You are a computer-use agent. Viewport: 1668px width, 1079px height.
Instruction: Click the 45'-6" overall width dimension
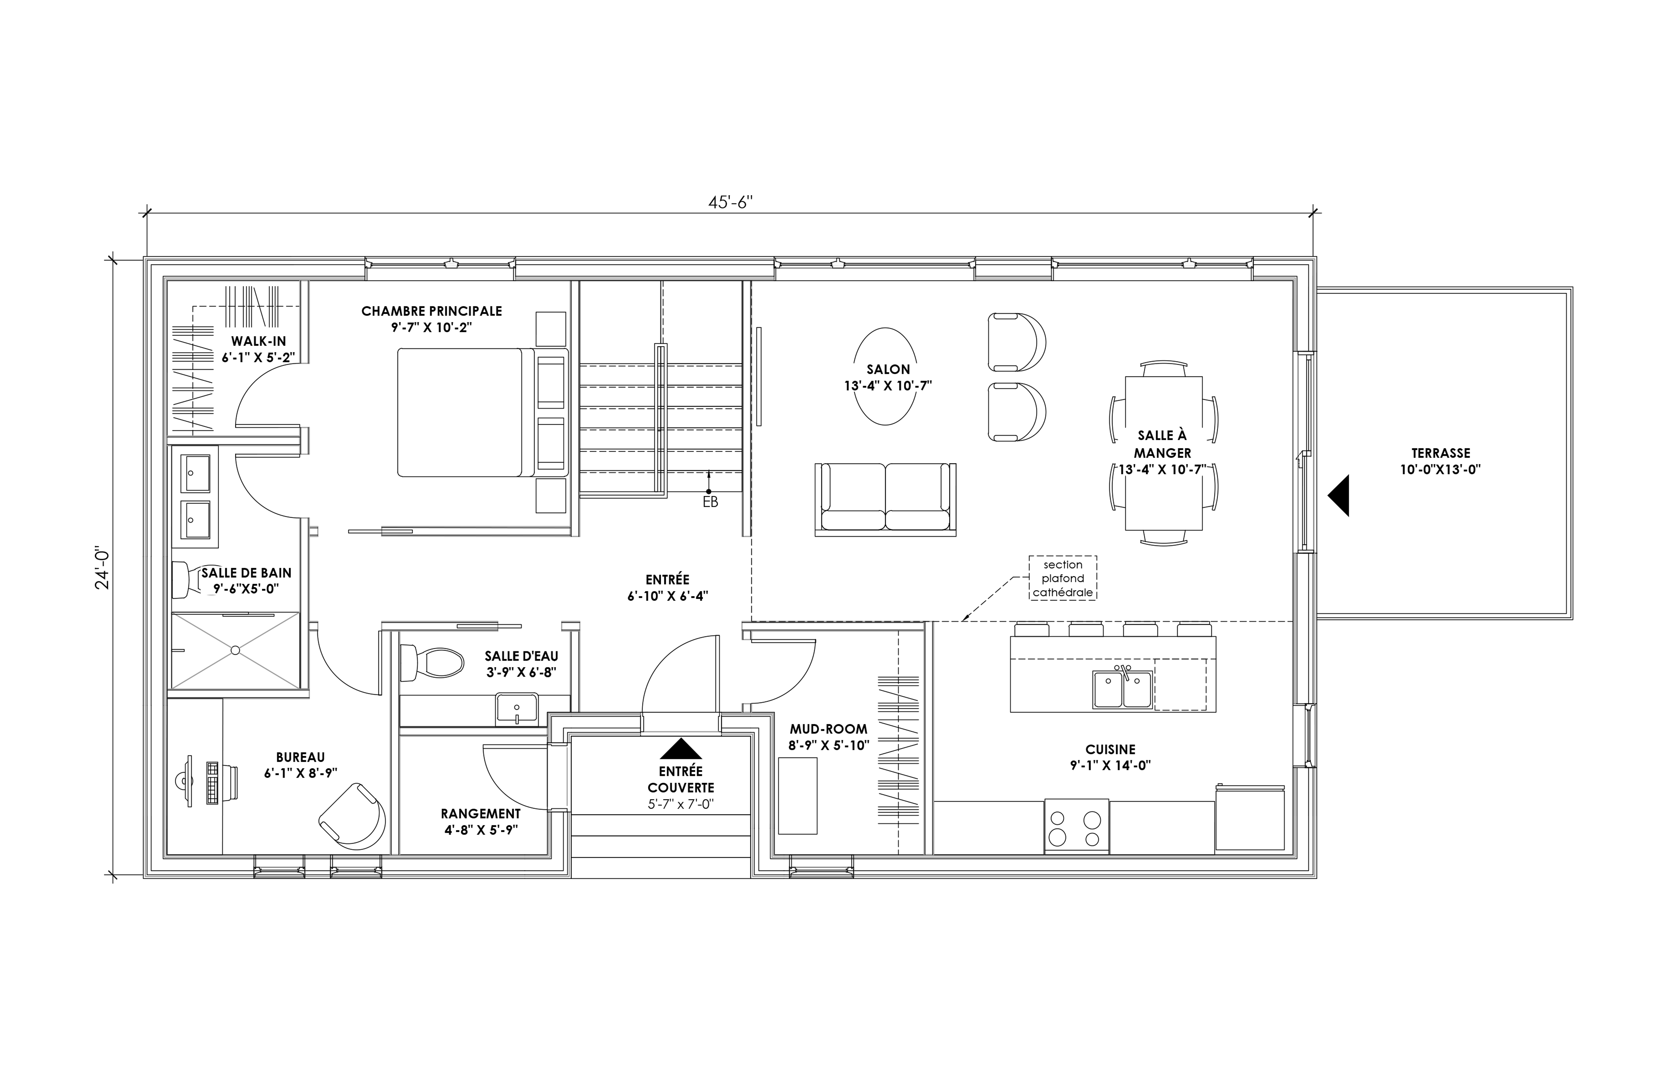730,202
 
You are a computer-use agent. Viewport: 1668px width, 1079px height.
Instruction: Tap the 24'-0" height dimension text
103,568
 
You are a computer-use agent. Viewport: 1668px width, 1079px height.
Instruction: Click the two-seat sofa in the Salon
885,499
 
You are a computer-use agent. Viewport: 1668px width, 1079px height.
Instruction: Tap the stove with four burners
1076,826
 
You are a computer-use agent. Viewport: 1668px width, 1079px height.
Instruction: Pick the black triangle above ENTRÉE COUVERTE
681,749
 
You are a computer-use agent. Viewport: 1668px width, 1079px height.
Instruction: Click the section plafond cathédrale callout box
1063,578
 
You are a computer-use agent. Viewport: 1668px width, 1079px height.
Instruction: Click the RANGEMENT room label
481,814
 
